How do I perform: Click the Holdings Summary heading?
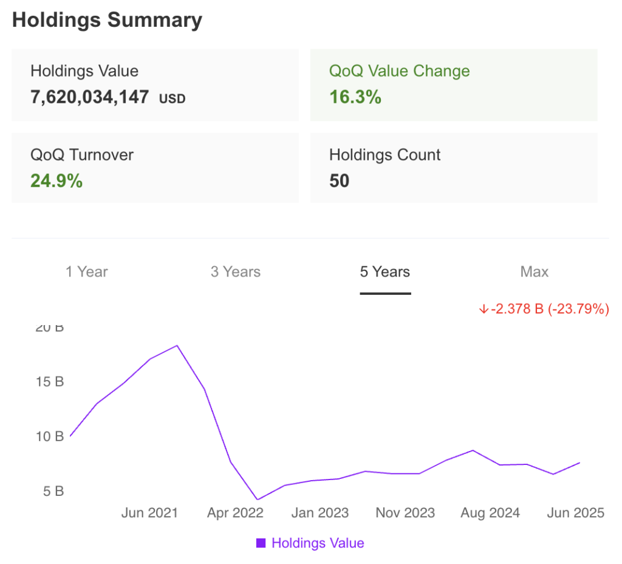click(x=107, y=20)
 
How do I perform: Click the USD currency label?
click(x=172, y=98)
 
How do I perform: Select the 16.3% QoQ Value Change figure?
click(x=355, y=97)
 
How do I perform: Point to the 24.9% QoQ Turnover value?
click(x=56, y=181)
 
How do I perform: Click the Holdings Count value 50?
click(x=339, y=181)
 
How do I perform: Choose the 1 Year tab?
click(x=87, y=272)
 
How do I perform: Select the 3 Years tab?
click(x=236, y=272)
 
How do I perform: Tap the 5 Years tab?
click(x=385, y=272)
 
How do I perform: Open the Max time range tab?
click(x=535, y=272)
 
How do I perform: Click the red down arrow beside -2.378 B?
click(x=484, y=309)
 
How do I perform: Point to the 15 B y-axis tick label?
click(x=50, y=382)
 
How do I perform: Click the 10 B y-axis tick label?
click(x=50, y=436)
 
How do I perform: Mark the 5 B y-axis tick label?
click(x=53, y=491)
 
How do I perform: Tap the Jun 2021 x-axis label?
click(x=149, y=513)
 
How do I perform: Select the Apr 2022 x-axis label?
click(x=235, y=513)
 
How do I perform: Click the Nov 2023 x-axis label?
click(x=405, y=513)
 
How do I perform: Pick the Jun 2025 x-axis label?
click(x=575, y=513)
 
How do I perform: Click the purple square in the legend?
click(x=261, y=543)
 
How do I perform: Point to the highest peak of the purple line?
click(x=177, y=345)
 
